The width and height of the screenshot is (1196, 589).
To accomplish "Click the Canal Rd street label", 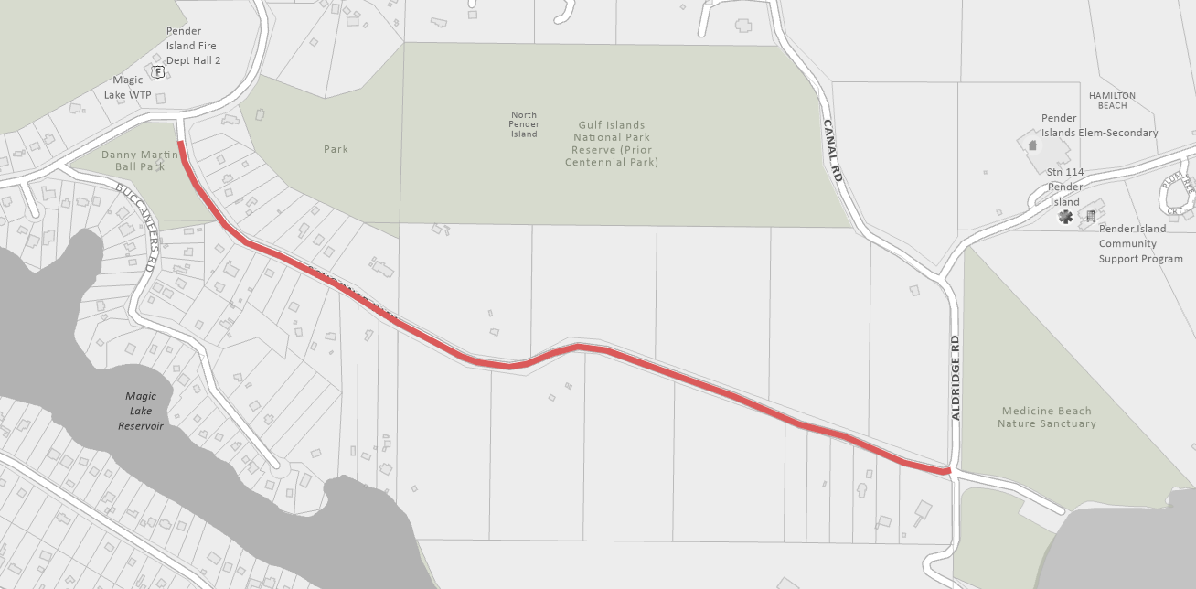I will [831, 150].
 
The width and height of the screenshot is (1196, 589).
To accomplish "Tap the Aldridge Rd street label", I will [956, 378].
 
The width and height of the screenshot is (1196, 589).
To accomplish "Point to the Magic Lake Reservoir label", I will [141, 412].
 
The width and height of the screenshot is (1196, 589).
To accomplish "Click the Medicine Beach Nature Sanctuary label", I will [1046, 417].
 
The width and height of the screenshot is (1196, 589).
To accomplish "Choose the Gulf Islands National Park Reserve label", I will [611, 144].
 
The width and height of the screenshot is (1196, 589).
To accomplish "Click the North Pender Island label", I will [524, 124].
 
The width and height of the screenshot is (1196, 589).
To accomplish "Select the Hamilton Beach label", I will [1112, 101].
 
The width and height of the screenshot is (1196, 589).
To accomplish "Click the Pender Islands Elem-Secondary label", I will [1099, 125].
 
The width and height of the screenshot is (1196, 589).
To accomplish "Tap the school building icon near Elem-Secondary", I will [1033, 145].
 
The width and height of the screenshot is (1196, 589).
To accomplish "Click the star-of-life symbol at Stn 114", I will [1065, 217].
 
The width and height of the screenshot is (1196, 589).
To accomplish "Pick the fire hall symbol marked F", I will [158, 72].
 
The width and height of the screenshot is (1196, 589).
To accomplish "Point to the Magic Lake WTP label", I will [132, 87].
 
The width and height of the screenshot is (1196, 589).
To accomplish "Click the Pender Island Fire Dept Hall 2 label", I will [193, 46].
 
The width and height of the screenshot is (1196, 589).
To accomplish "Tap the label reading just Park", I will [336, 149].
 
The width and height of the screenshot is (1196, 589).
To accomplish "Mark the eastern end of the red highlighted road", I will [948, 471].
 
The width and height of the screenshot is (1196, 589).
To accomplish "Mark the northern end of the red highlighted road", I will [180, 144].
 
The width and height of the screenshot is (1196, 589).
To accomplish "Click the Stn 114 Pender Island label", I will [1065, 187].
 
